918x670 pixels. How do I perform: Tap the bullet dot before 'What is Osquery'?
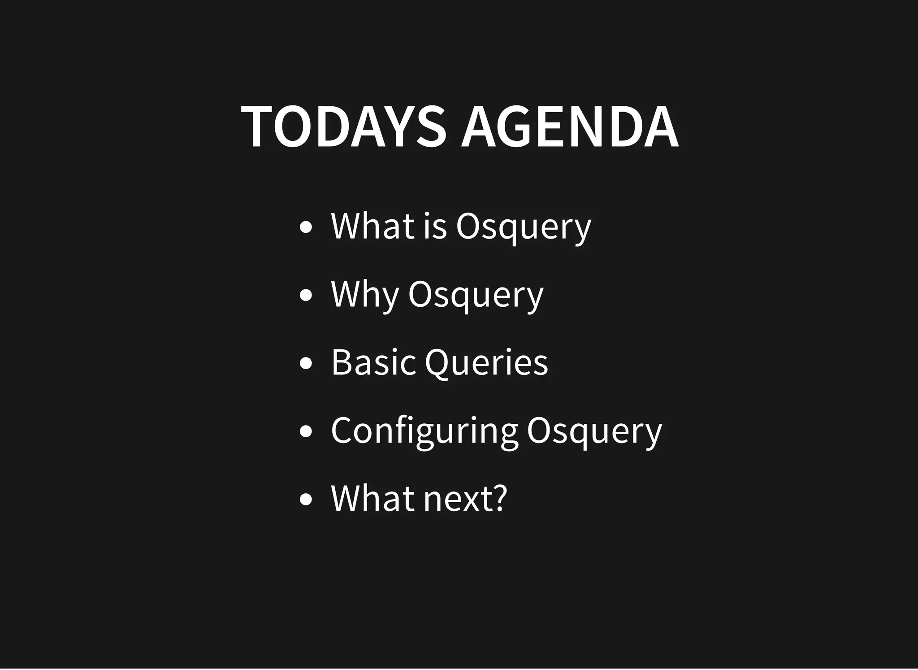305,227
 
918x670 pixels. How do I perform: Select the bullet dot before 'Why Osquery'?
305,296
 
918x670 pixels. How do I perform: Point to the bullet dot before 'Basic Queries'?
305,364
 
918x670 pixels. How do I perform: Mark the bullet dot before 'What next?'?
305,500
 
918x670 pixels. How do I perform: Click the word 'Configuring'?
424,431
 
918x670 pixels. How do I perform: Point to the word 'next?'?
465,498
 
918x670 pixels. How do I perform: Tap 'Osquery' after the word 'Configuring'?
594,431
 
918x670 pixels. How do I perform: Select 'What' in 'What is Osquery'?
372,226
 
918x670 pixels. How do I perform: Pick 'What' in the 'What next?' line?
372,498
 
